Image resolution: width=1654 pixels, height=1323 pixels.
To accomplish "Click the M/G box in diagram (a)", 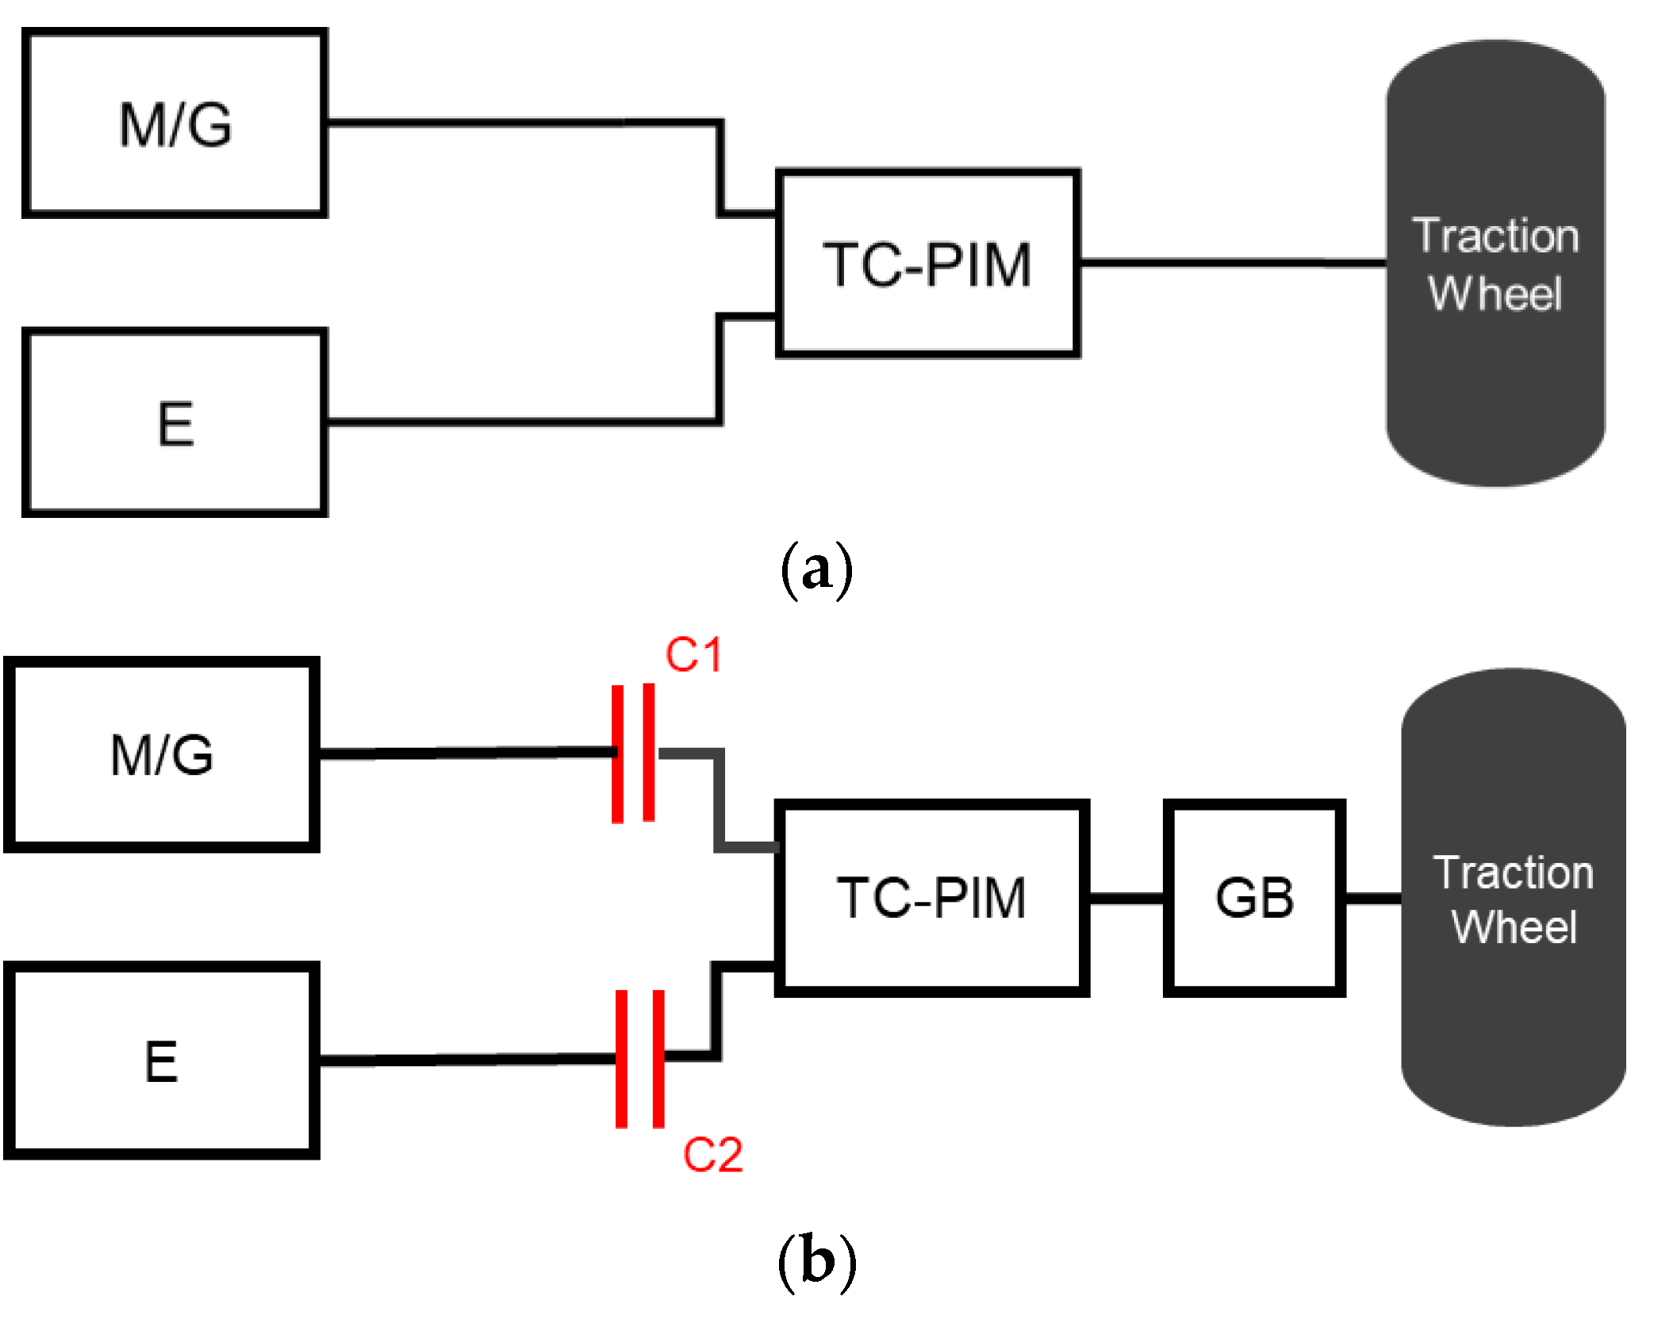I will [x=175, y=123].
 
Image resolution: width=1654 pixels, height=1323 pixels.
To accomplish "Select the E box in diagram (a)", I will [x=175, y=423].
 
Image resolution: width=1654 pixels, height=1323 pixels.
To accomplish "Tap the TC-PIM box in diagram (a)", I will [x=927, y=263].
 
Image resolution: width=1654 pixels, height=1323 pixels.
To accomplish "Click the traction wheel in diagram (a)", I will [x=1495, y=263].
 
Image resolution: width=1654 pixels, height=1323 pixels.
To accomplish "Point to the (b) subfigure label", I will [x=816, y=1261].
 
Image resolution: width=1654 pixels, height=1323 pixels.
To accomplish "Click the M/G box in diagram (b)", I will [x=161, y=754].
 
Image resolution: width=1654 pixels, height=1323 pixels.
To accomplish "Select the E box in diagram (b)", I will [x=161, y=1060].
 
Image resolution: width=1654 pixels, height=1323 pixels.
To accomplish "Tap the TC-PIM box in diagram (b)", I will [x=931, y=898].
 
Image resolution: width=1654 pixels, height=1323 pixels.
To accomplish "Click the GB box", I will [x=1254, y=898].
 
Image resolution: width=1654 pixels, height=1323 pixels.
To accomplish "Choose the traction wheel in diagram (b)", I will [x=1513, y=898].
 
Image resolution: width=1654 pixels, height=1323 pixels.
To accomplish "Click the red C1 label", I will [x=693, y=655].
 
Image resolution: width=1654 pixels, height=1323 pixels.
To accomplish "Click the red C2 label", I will [x=712, y=1154].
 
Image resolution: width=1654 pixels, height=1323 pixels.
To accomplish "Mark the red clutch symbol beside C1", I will [x=633, y=753].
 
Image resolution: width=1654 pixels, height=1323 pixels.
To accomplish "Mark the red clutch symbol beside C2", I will [x=639, y=1058].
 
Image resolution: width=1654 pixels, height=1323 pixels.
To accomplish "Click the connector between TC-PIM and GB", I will [x=1126, y=898].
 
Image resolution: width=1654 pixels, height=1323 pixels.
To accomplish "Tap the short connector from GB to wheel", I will [x=1372, y=898].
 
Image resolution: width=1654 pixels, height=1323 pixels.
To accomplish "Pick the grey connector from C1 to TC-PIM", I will [x=719, y=801].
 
